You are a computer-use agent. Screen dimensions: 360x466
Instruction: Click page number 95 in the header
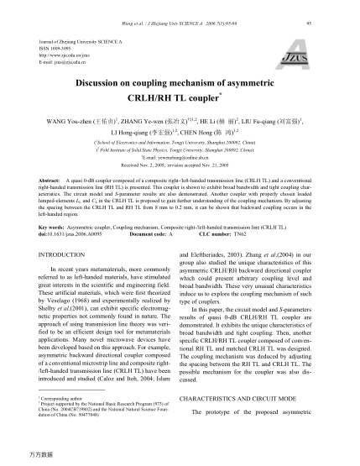click(334, 12)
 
